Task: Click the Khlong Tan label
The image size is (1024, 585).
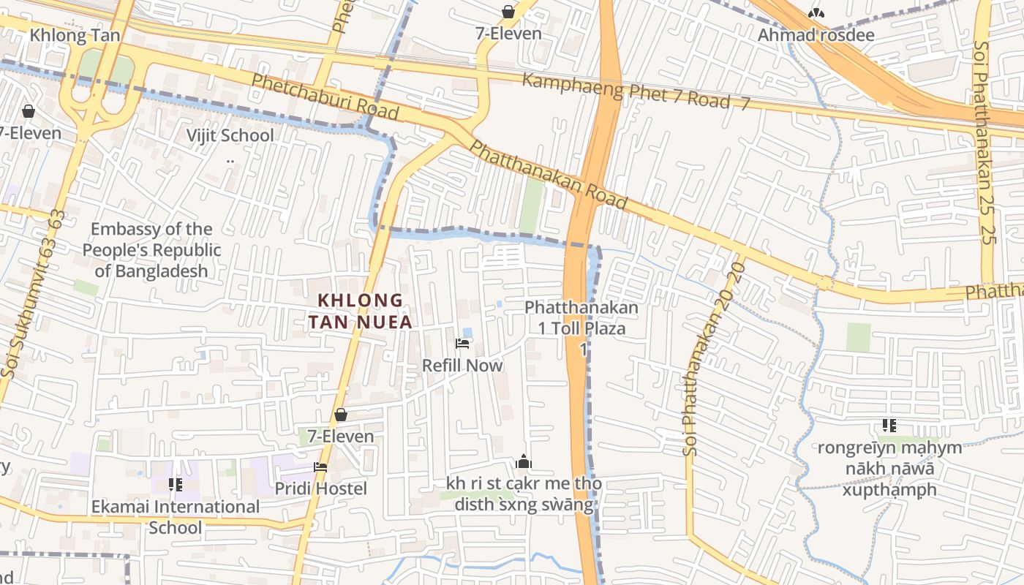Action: [x=75, y=36]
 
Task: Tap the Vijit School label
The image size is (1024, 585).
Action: [x=230, y=135]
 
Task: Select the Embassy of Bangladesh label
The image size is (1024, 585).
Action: [x=151, y=250]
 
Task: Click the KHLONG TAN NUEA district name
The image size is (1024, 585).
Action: [x=360, y=311]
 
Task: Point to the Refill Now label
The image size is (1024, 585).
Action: [x=462, y=365]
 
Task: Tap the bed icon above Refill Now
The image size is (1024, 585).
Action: [x=462, y=343]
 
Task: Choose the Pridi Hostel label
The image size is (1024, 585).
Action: [x=320, y=488]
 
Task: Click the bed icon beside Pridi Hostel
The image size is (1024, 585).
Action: [x=320, y=467]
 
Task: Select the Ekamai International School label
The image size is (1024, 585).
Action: [x=175, y=517]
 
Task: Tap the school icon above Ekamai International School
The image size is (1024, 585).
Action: [x=175, y=484]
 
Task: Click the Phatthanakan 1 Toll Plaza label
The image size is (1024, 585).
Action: [x=581, y=318]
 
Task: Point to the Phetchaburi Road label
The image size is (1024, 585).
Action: [x=325, y=97]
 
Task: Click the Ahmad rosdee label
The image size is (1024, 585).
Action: [x=816, y=34]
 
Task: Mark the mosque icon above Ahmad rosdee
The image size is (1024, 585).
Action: [x=816, y=13]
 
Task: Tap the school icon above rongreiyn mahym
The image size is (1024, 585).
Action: [x=889, y=426]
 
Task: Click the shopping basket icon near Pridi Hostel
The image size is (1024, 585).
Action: [x=341, y=415]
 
